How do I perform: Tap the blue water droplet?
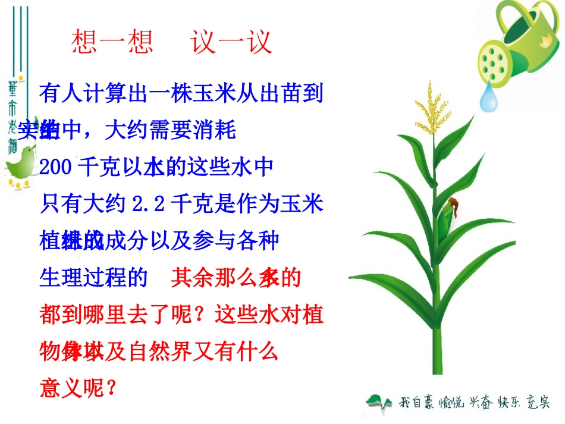coord(489,98)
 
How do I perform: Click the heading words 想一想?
coord(112,42)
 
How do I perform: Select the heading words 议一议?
coord(232,42)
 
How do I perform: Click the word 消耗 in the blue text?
coord(215,130)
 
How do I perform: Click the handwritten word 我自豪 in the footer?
coord(415,403)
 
